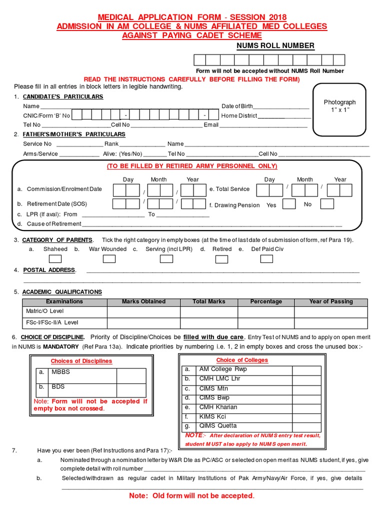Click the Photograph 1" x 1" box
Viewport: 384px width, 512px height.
click(x=339, y=109)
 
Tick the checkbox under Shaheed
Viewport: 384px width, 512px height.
click(x=55, y=258)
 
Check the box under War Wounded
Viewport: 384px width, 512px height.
click(x=109, y=258)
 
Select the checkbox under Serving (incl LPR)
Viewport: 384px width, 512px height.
click(x=166, y=258)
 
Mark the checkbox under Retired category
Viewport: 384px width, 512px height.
click(x=221, y=258)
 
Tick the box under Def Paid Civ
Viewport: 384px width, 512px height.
click(x=266, y=258)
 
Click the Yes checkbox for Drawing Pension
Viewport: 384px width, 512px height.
click(x=289, y=204)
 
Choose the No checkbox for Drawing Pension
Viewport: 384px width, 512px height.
click(x=327, y=204)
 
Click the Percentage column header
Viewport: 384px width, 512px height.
click(x=266, y=301)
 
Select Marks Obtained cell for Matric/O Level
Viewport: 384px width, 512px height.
click(x=143, y=311)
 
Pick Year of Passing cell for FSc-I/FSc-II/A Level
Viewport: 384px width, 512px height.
click(x=330, y=323)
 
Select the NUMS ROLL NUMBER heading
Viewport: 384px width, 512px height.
click(x=275, y=46)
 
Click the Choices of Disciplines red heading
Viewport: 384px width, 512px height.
click(x=81, y=361)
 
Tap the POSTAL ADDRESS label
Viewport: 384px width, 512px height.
click(x=49, y=270)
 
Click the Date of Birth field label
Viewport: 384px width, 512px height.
click(x=237, y=106)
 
